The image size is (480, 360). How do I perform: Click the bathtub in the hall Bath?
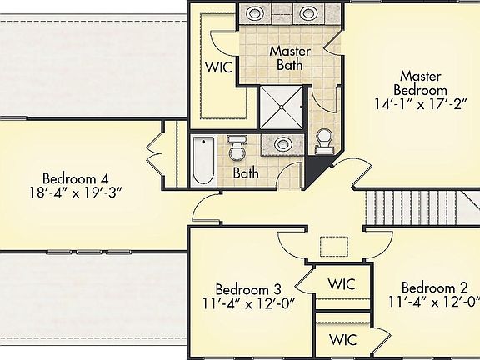pyautogui.click(x=203, y=162)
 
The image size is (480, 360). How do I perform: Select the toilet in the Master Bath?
pyautogui.click(x=324, y=141)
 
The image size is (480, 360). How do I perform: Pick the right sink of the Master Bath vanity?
pyautogui.click(x=309, y=13)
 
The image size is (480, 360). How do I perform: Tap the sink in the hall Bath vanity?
pyautogui.click(x=282, y=144)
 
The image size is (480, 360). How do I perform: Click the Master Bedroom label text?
pyautogui.click(x=423, y=82)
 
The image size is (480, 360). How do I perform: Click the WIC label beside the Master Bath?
pyautogui.click(x=218, y=66)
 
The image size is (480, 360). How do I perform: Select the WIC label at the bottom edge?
pyautogui.click(x=342, y=340)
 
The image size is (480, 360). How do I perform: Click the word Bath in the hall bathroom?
pyautogui.click(x=245, y=173)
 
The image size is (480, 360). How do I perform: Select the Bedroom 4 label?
pyautogui.click(x=76, y=177)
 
